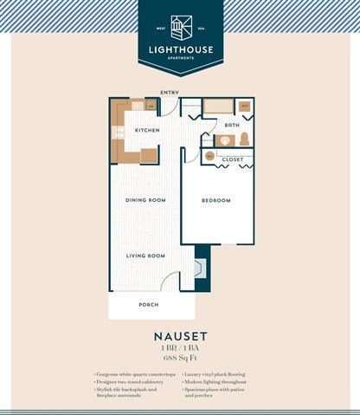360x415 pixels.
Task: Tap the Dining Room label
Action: [145, 200]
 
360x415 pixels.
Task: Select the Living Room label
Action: [145, 256]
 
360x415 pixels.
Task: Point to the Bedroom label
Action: [215, 200]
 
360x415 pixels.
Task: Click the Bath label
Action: [232, 126]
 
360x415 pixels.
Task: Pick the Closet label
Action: [232, 159]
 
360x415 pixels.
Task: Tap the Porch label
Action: [148, 305]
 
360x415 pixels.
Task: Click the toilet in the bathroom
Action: [245, 139]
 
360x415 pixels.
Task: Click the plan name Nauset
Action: [179, 334]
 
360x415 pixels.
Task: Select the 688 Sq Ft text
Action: [179, 357]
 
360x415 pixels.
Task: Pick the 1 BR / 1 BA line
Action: [179, 347]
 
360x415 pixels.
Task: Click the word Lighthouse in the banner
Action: [179, 49]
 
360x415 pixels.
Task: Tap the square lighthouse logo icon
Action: [179, 25]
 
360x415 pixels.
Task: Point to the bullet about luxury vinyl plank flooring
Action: [216, 373]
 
